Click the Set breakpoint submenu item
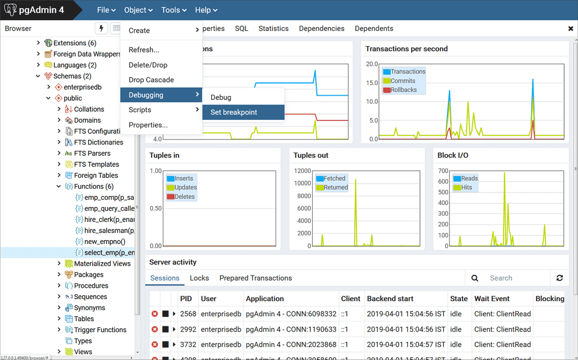click(234, 112)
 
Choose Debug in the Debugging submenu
click(221, 97)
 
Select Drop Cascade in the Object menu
click(151, 80)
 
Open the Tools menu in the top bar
click(173, 10)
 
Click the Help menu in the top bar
click(206, 10)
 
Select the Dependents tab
click(374, 28)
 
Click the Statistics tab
click(273, 28)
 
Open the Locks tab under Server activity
click(199, 278)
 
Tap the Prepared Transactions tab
click(255, 278)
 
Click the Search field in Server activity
click(516, 278)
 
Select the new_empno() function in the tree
click(105, 242)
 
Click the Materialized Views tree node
click(102, 264)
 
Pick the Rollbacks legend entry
click(403, 90)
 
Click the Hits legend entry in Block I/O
click(466, 187)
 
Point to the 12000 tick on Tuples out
click(302, 171)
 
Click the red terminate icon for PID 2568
click(155, 314)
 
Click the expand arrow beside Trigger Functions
click(59, 330)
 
